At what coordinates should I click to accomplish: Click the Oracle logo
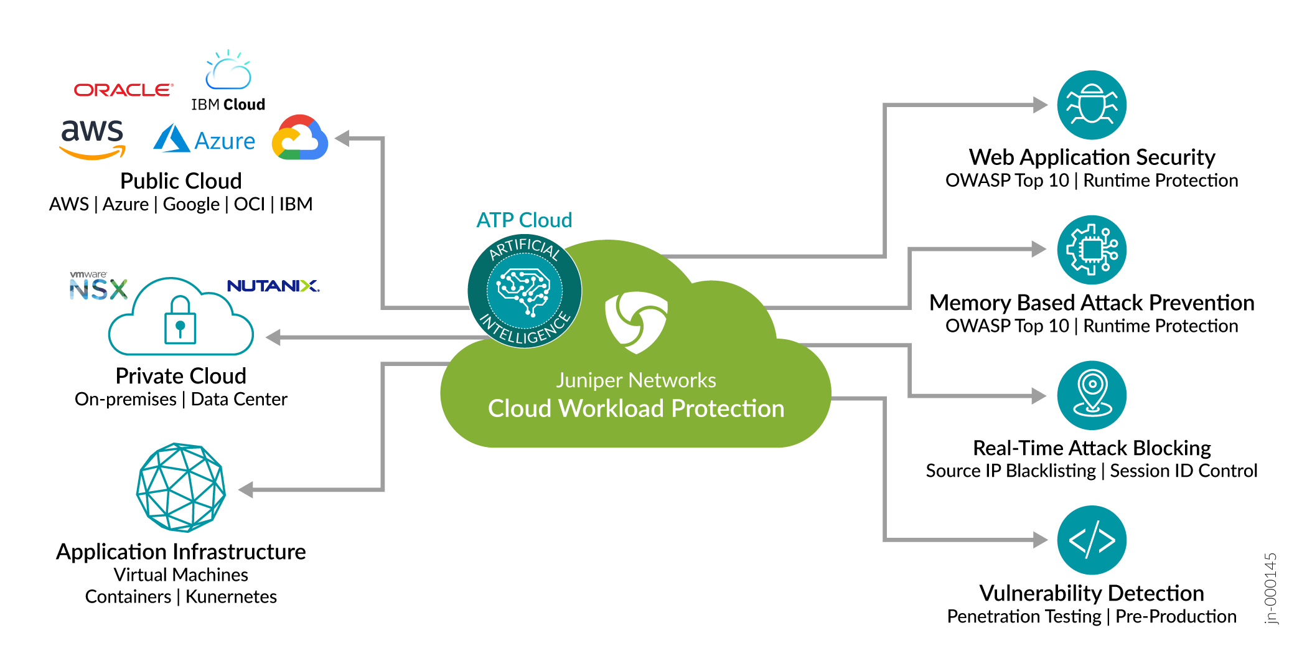click(123, 90)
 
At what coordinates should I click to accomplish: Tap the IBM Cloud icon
click(228, 72)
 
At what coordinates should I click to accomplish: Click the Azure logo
click(204, 139)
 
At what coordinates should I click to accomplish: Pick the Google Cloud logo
click(300, 138)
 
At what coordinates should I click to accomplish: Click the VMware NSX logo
click(98, 287)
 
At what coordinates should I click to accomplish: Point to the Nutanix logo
click(273, 286)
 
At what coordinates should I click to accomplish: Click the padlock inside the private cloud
click(180, 321)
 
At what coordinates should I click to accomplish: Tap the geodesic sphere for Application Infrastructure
click(180, 487)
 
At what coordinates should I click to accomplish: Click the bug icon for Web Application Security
click(1092, 105)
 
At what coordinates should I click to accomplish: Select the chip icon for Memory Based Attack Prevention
click(1092, 250)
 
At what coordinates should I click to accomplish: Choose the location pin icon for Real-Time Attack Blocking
click(1092, 395)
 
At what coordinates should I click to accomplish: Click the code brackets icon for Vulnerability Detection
click(1092, 540)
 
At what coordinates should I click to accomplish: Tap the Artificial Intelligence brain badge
click(525, 291)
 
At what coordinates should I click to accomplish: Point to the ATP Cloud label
click(524, 220)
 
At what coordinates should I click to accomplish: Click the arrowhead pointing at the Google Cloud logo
click(343, 138)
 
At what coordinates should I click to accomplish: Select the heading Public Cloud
click(180, 181)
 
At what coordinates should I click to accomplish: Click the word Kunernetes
click(231, 596)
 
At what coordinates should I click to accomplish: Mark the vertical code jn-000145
click(1270, 588)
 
